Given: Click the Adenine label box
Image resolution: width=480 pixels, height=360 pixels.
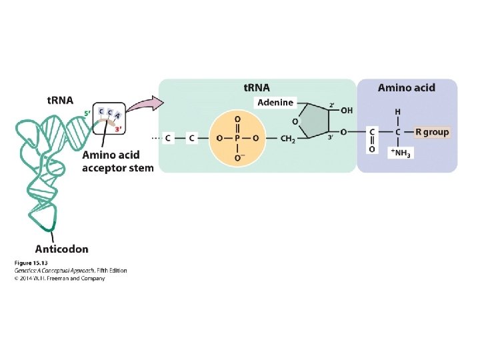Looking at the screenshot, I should tap(275, 103).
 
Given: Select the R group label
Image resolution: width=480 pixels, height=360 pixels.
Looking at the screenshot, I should tap(432, 132).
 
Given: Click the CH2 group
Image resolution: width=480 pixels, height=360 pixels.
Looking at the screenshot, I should tap(287, 138).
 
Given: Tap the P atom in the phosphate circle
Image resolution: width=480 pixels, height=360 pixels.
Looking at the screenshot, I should tap(239, 138).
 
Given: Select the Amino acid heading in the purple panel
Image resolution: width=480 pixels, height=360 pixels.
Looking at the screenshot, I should tap(407, 87).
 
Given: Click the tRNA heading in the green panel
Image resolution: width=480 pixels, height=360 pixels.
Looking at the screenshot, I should tap(256, 87).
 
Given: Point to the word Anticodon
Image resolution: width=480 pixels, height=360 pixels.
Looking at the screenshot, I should tap(61, 249).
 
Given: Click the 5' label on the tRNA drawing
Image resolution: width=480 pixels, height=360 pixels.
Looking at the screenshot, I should tap(87, 114).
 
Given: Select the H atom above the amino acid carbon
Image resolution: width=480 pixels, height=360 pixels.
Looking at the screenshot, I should tap(398, 111).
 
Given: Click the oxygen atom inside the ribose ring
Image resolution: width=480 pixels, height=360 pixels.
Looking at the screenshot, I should tap(296, 121).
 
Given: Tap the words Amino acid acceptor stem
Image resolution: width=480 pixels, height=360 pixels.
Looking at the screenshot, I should tap(117, 161).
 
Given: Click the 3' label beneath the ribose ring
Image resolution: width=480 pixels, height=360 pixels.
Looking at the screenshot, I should tap(330, 138).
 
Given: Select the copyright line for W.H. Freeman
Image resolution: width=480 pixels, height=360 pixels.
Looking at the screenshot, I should tap(59, 279).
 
